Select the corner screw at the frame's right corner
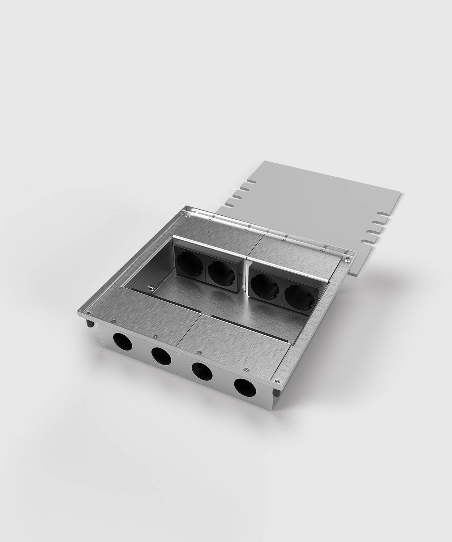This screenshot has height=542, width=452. click(x=348, y=258)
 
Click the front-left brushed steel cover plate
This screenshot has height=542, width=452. click(x=152, y=322)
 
